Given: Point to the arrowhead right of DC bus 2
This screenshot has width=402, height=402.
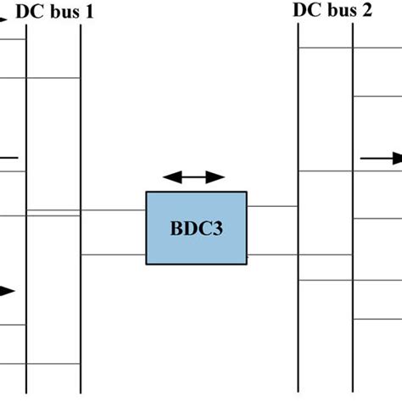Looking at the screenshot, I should pos(395,158).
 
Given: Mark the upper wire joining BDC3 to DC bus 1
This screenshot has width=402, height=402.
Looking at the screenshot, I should pos(114,210).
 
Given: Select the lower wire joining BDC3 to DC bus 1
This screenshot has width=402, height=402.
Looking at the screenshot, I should pos(114,254).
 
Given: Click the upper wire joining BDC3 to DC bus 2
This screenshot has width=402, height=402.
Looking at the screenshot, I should pos(272,206).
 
